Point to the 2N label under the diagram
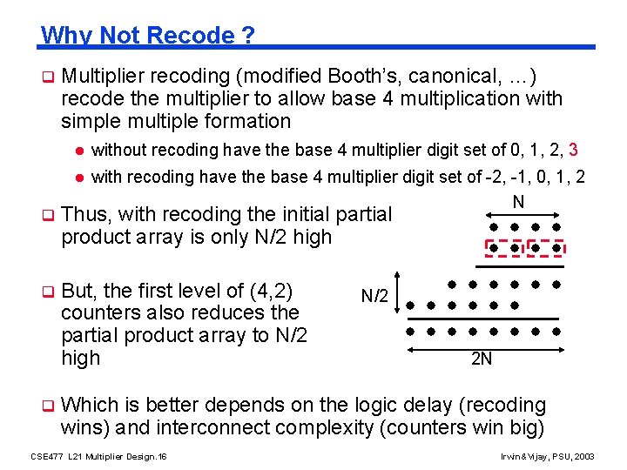click(x=481, y=358)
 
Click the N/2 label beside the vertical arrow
click(x=374, y=297)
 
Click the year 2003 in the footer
click(x=585, y=457)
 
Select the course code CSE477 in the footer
click(x=46, y=457)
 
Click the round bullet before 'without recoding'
click(x=78, y=151)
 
